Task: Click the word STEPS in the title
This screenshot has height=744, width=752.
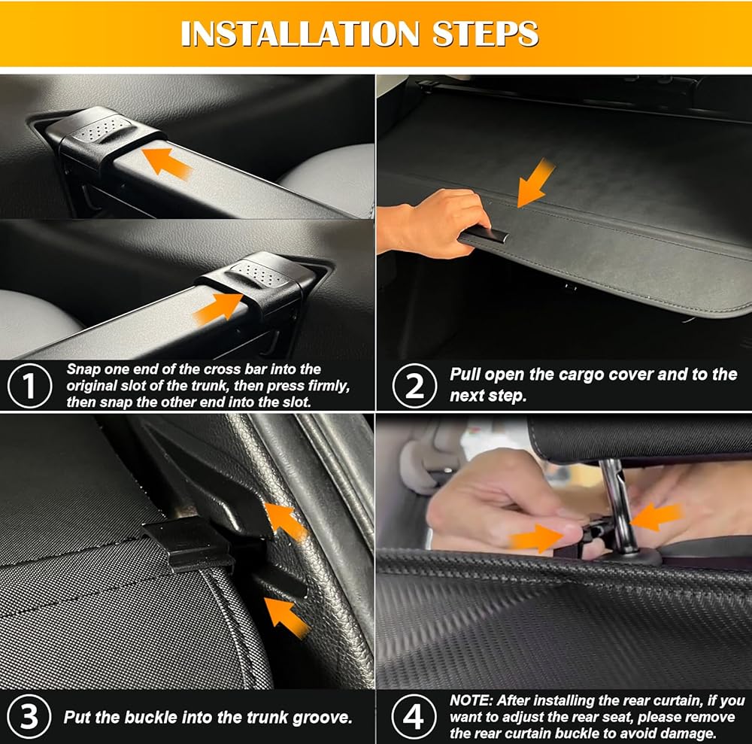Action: point(485,33)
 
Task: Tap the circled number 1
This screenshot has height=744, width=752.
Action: point(30,386)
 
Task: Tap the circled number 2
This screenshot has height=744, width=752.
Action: point(414,386)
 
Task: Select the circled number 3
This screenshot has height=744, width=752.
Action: point(29,717)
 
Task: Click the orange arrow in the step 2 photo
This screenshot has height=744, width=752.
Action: point(535,183)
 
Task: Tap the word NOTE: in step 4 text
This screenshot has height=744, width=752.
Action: point(471,700)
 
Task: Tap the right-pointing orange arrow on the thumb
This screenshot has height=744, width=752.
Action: point(537,537)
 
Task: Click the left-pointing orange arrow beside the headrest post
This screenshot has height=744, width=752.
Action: point(656,517)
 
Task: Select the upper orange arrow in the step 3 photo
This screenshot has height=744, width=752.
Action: point(286,521)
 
